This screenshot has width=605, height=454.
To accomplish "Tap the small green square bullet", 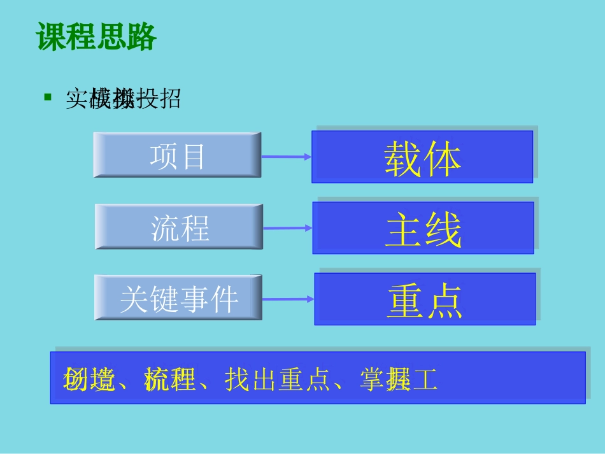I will click(x=47, y=97).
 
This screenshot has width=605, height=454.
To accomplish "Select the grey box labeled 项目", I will click(x=177, y=155).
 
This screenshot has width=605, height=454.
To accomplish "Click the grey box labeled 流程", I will click(x=179, y=227).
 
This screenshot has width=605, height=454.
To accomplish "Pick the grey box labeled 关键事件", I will click(x=178, y=298).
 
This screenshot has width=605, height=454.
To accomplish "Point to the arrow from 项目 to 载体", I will click(x=286, y=156).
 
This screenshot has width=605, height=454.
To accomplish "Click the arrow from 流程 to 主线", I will click(x=287, y=227).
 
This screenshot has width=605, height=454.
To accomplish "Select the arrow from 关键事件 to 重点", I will click(x=288, y=299).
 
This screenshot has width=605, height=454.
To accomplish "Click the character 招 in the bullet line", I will click(x=169, y=98).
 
